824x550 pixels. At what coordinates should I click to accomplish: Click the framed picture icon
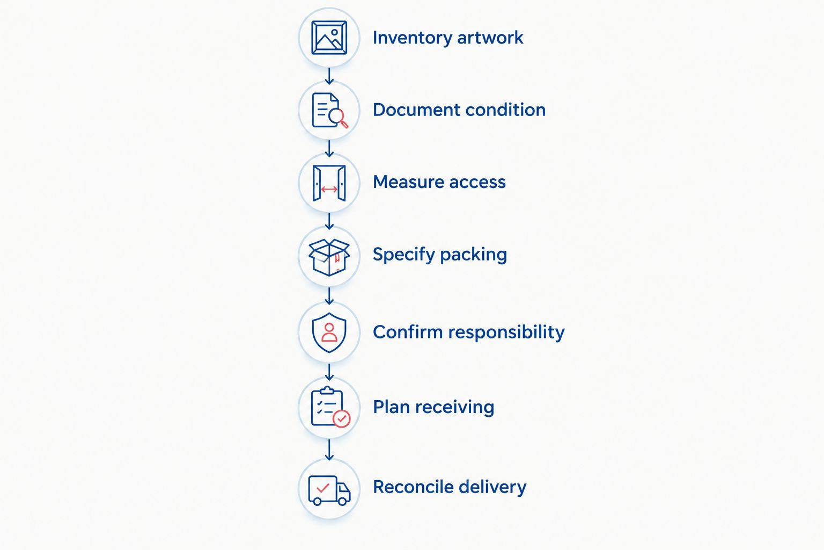pyautogui.click(x=329, y=38)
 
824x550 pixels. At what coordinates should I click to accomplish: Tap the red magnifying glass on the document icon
pyautogui.click(x=339, y=118)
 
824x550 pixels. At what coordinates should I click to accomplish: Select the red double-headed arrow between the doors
pyautogui.click(x=329, y=190)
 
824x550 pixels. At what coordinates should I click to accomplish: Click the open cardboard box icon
pyautogui.click(x=329, y=257)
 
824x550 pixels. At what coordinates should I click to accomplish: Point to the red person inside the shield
pyautogui.click(x=329, y=332)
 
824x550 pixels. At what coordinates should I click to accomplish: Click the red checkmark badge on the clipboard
pyautogui.click(x=341, y=418)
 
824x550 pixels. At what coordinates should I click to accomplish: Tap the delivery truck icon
pyautogui.click(x=329, y=490)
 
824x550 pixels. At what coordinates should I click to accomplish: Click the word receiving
pyautogui.click(x=455, y=408)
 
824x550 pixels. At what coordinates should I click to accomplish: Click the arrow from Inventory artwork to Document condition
pyautogui.click(x=329, y=76)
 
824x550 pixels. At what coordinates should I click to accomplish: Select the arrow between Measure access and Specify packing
pyautogui.click(x=329, y=221)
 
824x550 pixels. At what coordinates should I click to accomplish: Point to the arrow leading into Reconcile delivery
pyautogui.click(x=329, y=450)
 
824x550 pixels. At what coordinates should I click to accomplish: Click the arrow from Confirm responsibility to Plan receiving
pyautogui.click(x=329, y=372)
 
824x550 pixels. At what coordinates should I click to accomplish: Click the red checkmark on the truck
pyautogui.click(x=322, y=488)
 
